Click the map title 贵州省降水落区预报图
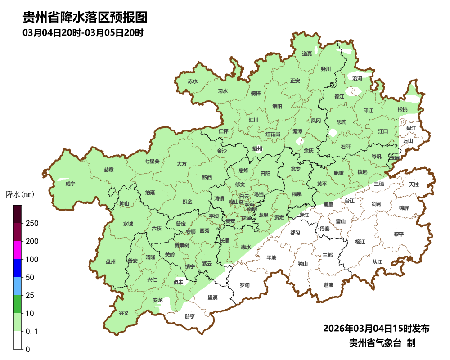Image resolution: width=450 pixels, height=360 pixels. pyautogui.click(x=85, y=18)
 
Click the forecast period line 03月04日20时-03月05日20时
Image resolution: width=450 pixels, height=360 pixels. pyautogui.click(x=83, y=33)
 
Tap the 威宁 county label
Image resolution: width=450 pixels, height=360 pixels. pyautogui.click(x=70, y=184)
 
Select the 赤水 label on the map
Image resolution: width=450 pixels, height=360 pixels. pyautogui.click(x=193, y=81)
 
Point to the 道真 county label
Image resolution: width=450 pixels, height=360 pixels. pyautogui.click(x=307, y=54)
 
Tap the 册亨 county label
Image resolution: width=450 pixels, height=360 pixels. pyautogui.click(x=189, y=316)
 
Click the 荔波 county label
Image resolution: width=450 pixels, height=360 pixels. pyautogui.click(x=328, y=285)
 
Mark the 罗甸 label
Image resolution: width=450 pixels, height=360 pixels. pyautogui.click(x=244, y=285)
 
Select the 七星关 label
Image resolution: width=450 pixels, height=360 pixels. pyautogui.click(x=152, y=161)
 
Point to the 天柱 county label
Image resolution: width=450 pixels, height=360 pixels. pyautogui.click(x=414, y=184)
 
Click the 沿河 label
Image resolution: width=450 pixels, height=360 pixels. pyautogui.click(x=357, y=79)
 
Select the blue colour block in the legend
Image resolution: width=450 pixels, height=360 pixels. pyautogui.click(x=18, y=268)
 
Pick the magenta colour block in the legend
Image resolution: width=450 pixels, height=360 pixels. pyautogui.click(x=18, y=250)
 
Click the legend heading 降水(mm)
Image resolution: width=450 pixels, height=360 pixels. pyautogui.click(x=20, y=195)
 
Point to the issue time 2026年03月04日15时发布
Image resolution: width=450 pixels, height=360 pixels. pyautogui.click(x=376, y=328)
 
